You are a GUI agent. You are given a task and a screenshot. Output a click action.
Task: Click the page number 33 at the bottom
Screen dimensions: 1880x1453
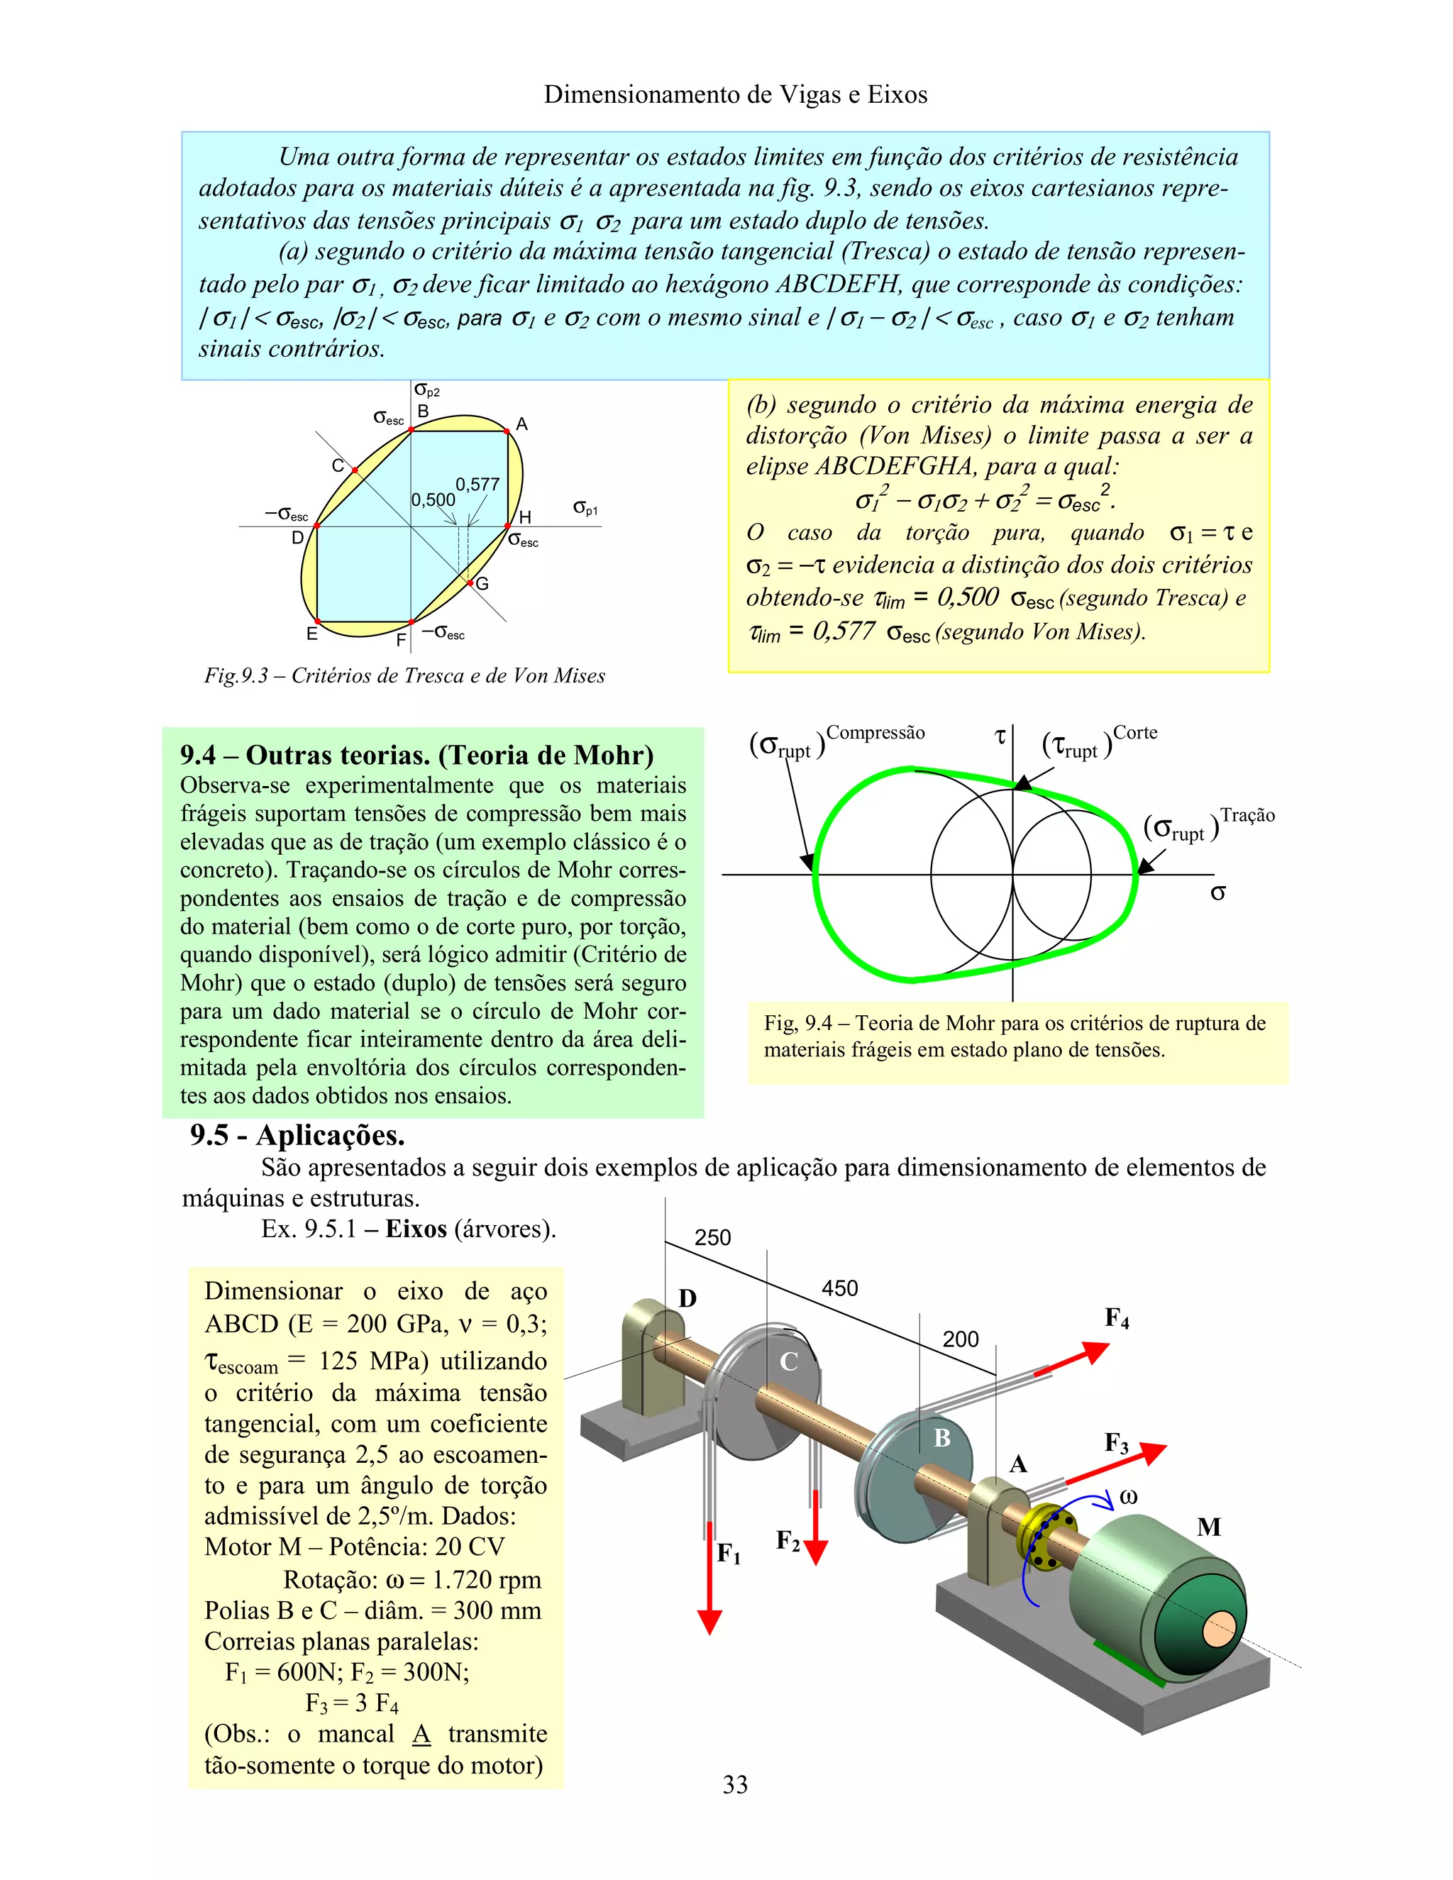tap(734, 1784)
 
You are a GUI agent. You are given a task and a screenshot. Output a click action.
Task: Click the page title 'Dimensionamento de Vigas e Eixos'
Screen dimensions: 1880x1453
tap(735, 94)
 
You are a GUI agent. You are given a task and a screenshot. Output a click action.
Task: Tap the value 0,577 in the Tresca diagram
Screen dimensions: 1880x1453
tap(477, 484)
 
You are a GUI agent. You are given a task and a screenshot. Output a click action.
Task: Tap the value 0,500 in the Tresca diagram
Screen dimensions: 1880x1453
tap(433, 499)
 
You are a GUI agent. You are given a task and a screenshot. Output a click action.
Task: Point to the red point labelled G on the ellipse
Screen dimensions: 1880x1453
tap(471, 582)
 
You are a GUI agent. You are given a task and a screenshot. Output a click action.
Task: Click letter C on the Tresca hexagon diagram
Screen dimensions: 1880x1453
tap(338, 465)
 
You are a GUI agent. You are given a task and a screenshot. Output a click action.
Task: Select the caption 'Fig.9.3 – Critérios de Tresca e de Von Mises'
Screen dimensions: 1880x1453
tap(404, 675)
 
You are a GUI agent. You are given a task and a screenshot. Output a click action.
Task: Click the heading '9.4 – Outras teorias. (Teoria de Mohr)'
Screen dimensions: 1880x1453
tap(416, 755)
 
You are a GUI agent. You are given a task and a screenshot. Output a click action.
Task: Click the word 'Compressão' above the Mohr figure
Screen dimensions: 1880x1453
tap(875, 733)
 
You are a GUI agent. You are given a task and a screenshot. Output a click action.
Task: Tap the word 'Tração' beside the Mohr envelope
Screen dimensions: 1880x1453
tap(1247, 815)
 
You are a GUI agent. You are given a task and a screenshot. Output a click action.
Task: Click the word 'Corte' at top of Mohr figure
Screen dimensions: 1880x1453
tap(1135, 733)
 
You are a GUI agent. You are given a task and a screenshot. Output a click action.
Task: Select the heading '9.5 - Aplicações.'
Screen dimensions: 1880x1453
tap(297, 1135)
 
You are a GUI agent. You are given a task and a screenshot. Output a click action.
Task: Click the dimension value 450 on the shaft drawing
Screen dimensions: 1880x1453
tap(839, 1288)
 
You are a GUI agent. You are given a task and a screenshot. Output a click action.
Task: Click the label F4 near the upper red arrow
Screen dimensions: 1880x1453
tap(1117, 1318)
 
